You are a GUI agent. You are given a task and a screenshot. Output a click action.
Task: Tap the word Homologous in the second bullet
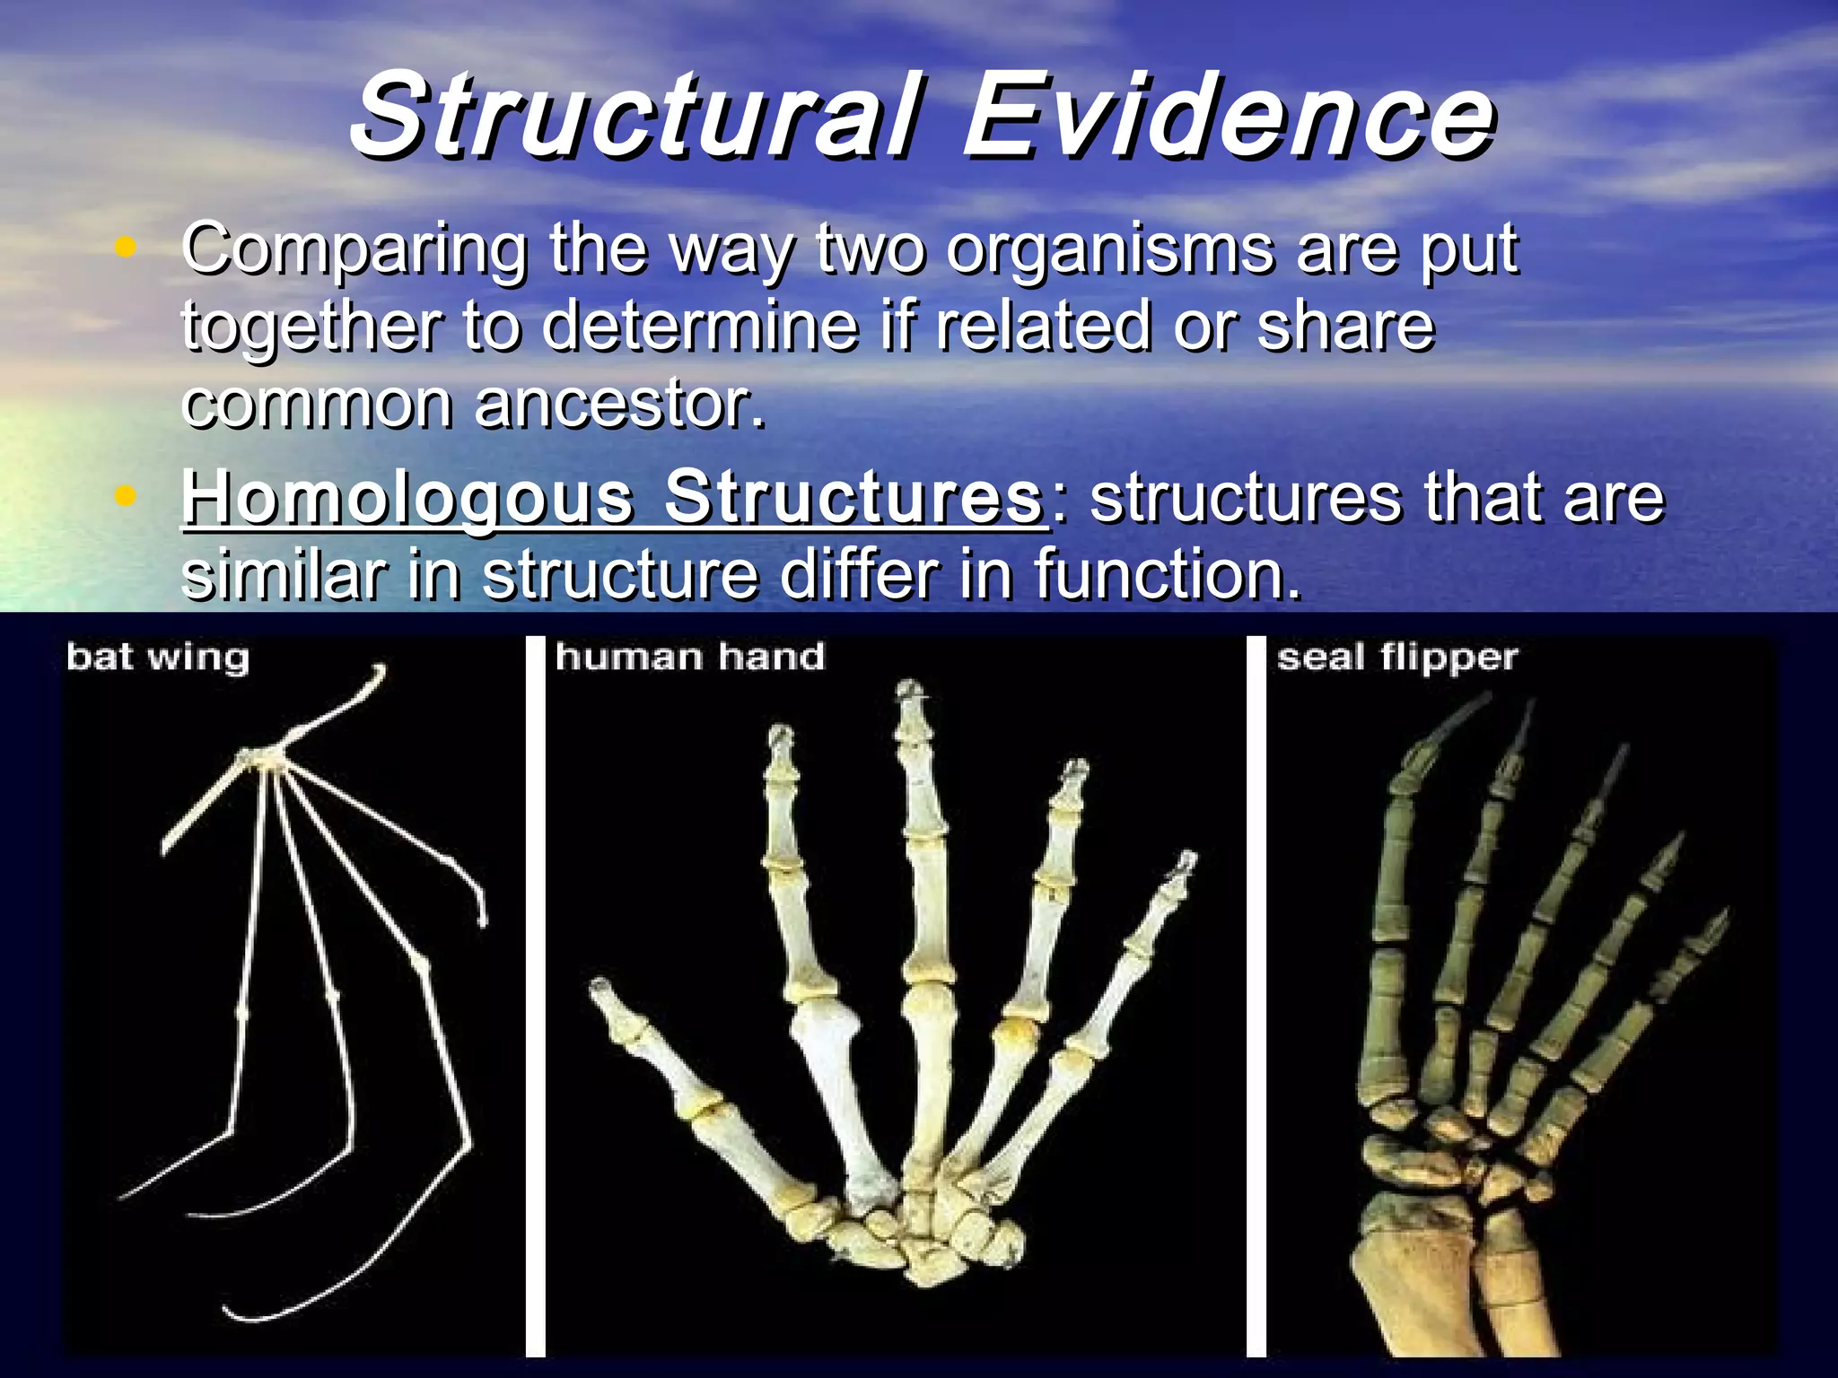[408, 498]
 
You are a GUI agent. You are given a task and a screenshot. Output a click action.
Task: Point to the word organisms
[1109, 249]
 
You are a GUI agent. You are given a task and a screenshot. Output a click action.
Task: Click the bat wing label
[157, 658]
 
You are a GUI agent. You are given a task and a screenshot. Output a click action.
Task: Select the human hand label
[689, 658]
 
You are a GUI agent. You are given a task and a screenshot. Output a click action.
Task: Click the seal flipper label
[1396, 658]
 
